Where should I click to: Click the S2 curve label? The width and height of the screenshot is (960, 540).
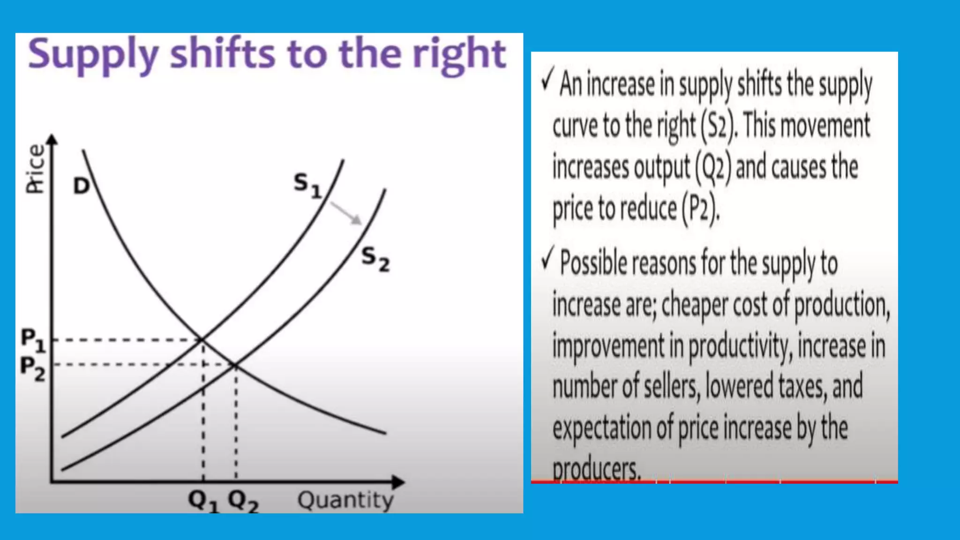pyautogui.click(x=375, y=259)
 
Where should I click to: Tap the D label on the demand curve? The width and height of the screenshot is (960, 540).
pyautogui.click(x=81, y=186)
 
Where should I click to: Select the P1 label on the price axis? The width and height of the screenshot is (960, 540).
pyautogui.click(x=33, y=339)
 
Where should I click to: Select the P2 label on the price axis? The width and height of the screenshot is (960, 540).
pyautogui.click(x=33, y=368)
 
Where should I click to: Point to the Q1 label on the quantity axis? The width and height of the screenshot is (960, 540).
pyautogui.click(x=203, y=501)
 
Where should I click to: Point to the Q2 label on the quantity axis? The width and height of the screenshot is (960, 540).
pyautogui.click(x=243, y=501)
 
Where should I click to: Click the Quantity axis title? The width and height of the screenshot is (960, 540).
pyautogui.click(x=345, y=500)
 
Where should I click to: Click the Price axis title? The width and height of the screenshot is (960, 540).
pyautogui.click(x=36, y=169)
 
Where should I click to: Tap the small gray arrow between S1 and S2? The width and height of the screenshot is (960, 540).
pyautogui.click(x=346, y=213)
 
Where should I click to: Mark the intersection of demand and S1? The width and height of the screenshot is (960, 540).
pyautogui.click(x=202, y=339)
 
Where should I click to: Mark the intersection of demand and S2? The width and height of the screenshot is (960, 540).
pyautogui.click(x=235, y=365)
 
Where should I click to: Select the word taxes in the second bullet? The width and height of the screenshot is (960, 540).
pyautogui.click(x=803, y=387)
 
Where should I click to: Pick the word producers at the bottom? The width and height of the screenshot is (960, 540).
pyautogui.click(x=596, y=469)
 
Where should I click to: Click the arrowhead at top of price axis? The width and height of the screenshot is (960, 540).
pyautogui.click(x=52, y=139)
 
